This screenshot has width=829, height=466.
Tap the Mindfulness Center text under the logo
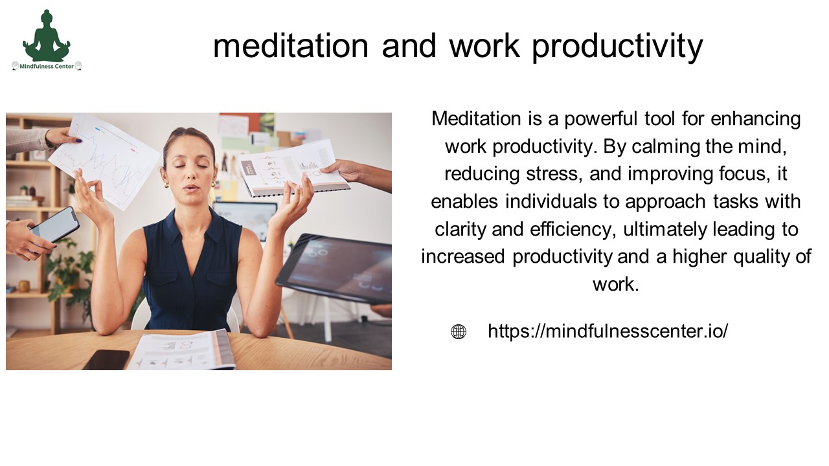[47, 65]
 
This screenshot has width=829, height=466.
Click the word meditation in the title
[291, 46]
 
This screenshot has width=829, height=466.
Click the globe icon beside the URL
[459, 332]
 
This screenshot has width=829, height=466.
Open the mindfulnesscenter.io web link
[608, 331]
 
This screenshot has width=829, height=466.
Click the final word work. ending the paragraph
[615, 284]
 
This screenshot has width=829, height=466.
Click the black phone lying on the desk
[106, 361]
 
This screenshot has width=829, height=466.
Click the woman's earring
[166, 185]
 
